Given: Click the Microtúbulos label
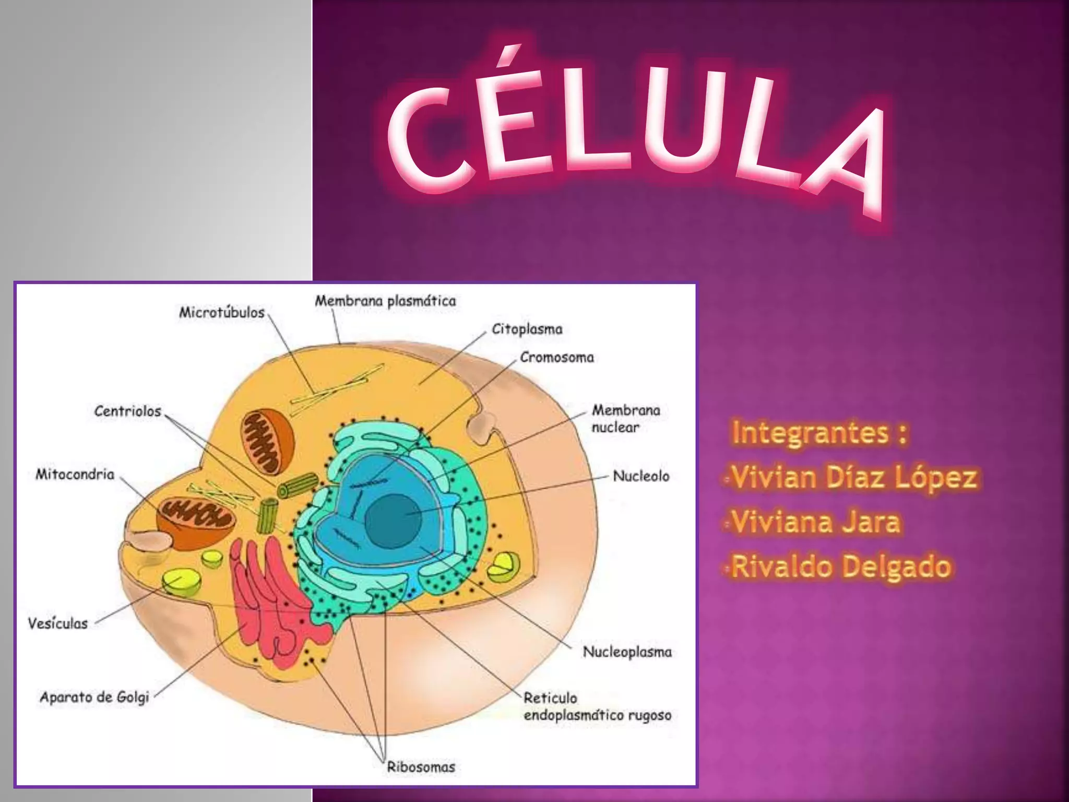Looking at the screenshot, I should (222, 313).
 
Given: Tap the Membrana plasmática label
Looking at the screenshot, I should (385, 301).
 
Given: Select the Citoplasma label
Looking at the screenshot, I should (527, 329).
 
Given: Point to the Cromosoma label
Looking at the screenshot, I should (557, 358).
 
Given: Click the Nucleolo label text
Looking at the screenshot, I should (641, 476).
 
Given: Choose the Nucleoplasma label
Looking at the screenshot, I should (627, 652).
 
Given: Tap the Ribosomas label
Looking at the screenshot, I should (421, 767).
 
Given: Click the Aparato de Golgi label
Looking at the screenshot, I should (94, 697).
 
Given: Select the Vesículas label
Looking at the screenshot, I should (58, 623).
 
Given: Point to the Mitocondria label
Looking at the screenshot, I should (75, 474).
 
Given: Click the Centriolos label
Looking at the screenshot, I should (128, 411).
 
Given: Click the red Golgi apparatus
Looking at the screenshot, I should (271, 600).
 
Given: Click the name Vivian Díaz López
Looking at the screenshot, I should (853, 477).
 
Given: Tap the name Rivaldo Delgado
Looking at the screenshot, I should (840, 567).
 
